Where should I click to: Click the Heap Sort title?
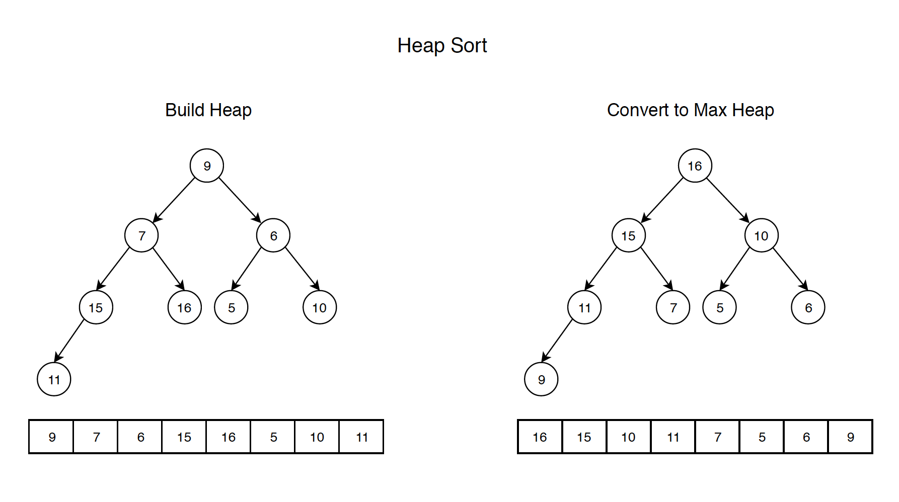pos(442,46)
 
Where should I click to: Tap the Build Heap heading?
pos(208,110)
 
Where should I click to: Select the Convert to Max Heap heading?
pos(690,110)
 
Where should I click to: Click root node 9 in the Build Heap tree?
pos(206,165)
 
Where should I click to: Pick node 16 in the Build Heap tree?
pos(184,307)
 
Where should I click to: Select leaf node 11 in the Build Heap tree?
pos(54,379)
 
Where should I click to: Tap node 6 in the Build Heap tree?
pos(273,235)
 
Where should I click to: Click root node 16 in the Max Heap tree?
pos(695,165)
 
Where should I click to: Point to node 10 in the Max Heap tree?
pos(761,235)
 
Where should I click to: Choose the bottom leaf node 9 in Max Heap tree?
pos(541,379)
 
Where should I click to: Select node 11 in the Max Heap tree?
pos(584,307)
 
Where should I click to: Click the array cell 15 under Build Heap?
pos(184,437)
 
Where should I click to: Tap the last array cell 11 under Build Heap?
pos(361,437)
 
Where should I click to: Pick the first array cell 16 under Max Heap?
pos(540,437)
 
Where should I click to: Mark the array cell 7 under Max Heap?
pos(718,437)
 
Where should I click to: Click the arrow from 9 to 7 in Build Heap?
pos(174,200)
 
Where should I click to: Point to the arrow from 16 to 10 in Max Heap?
pos(727,200)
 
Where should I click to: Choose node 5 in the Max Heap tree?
pos(719,307)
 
